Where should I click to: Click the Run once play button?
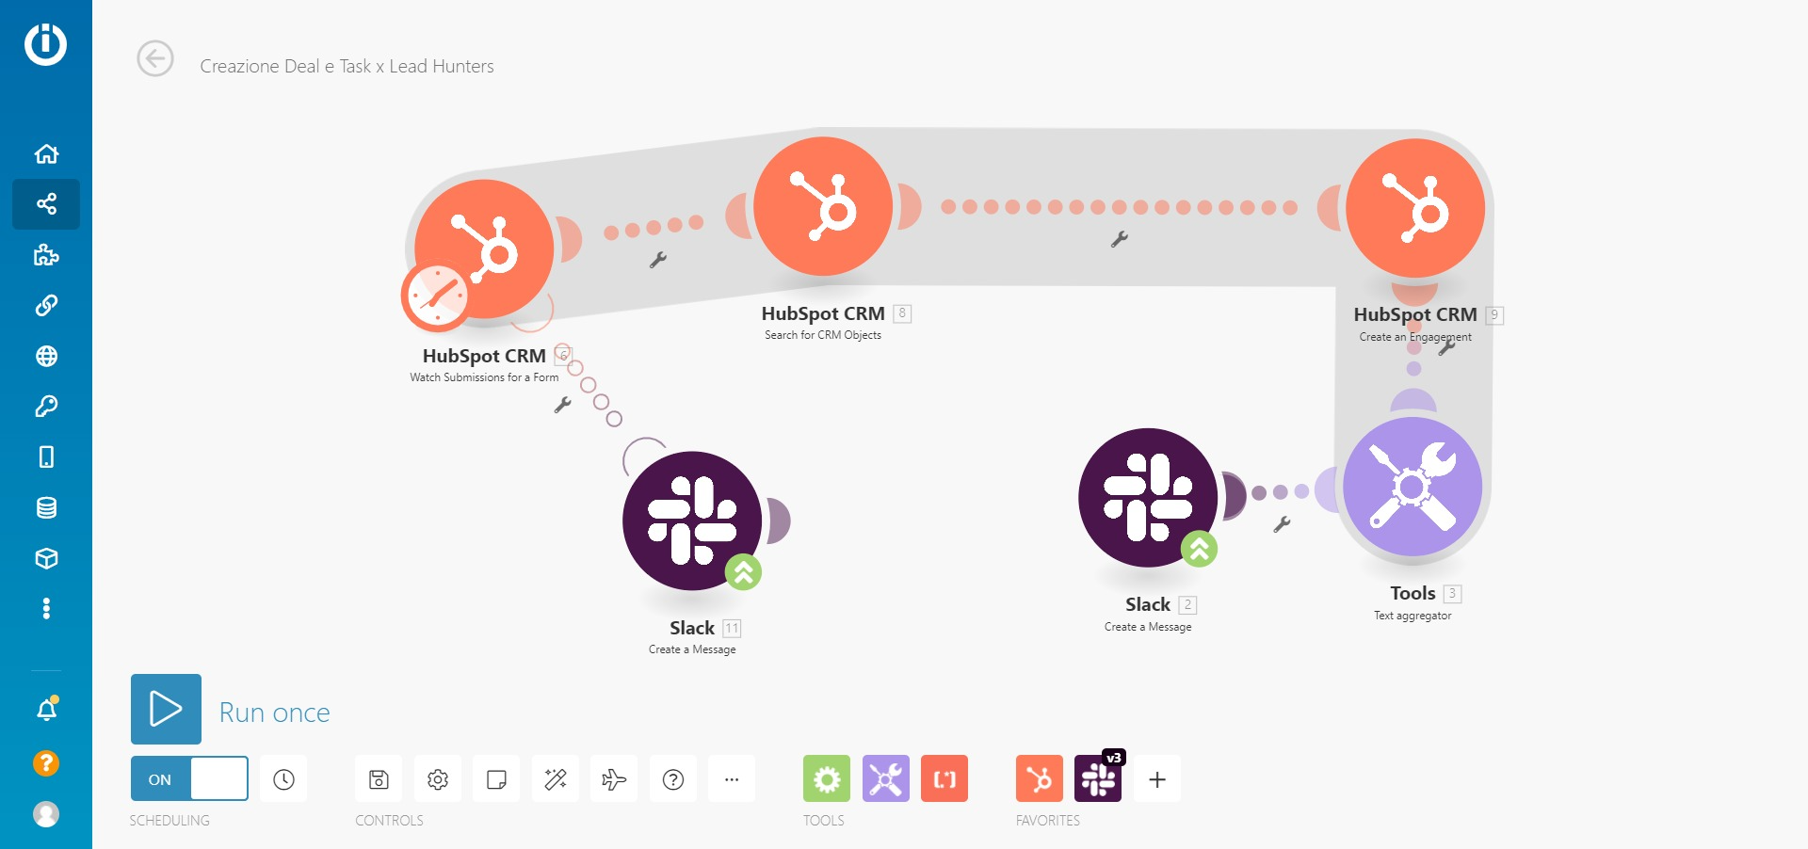click(x=166, y=709)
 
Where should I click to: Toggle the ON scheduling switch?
click(x=189, y=778)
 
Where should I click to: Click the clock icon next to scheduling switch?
click(x=283, y=779)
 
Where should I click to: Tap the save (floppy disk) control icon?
click(x=379, y=779)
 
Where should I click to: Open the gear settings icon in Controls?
click(x=438, y=779)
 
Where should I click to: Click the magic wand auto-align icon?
click(x=556, y=779)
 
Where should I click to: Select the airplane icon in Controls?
click(x=614, y=779)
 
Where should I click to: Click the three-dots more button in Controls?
click(x=732, y=779)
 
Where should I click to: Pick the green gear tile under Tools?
click(x=827, y=779)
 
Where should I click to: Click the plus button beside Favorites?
click(x=1157, y=779)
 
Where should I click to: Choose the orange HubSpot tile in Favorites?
click(x=1040, y=779)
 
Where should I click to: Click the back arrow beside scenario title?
click(x=155, y=58)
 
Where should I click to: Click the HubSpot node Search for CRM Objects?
click(x=823, y=206)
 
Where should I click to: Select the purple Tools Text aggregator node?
click(x=1412, y=487)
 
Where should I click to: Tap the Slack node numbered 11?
click(x=692, y=521)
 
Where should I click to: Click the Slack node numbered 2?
click(x=1148, y=498)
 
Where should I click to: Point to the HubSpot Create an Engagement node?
click(x=1415, y=208)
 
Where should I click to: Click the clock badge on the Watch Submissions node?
click(x=435, y=296)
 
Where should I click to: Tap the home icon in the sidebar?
click(x=46, y=153)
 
